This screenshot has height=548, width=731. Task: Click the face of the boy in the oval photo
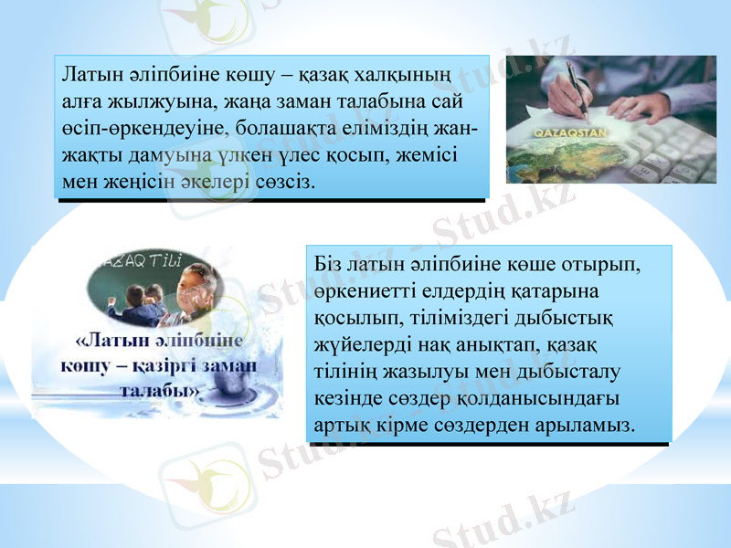coord(195,290)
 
